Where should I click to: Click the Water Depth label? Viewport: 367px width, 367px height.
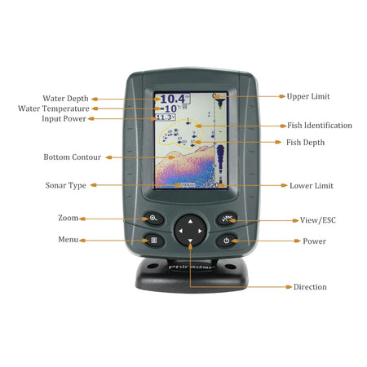tap(65, 99)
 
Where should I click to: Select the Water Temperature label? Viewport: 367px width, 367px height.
tap(54, 108)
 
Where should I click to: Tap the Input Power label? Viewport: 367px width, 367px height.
tap(64, 119)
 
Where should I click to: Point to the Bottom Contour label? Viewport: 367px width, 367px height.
tap(67, 157)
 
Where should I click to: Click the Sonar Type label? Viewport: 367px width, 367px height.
tap(65, 186)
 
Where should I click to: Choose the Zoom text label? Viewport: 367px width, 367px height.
tap(68, 219)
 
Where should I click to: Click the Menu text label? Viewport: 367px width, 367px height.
tap(68, 241)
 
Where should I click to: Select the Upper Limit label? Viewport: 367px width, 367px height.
tap(308, 96)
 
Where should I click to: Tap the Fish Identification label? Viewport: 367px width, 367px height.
tap(319, 126)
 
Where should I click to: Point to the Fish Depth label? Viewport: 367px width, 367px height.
tap(306, 143)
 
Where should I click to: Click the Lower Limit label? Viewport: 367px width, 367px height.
tap(311, 186)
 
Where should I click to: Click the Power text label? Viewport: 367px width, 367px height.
tap(314, 241)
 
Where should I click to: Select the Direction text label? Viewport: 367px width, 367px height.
tap(310, 287)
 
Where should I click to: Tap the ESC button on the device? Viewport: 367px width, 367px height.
tap(227, 219)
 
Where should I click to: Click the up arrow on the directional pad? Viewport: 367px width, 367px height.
tap(189, 220)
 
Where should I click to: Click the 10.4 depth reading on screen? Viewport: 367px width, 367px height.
tap(169, 99)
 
